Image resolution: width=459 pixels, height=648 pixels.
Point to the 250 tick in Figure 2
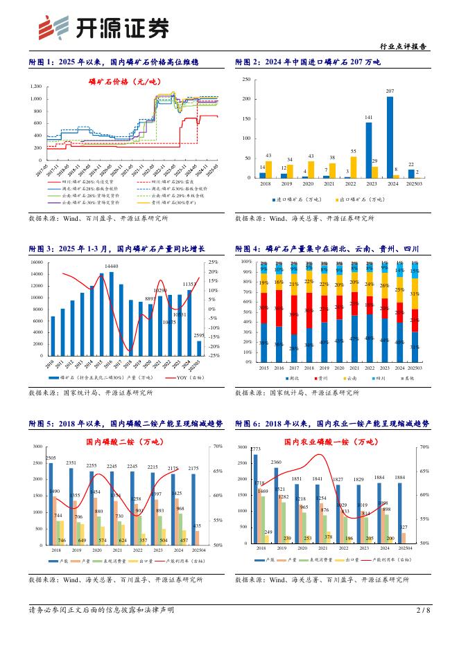tap(246, 80)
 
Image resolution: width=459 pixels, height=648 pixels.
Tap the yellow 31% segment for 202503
tap(415, 294)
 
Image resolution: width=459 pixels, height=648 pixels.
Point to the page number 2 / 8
tap(423, 629)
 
